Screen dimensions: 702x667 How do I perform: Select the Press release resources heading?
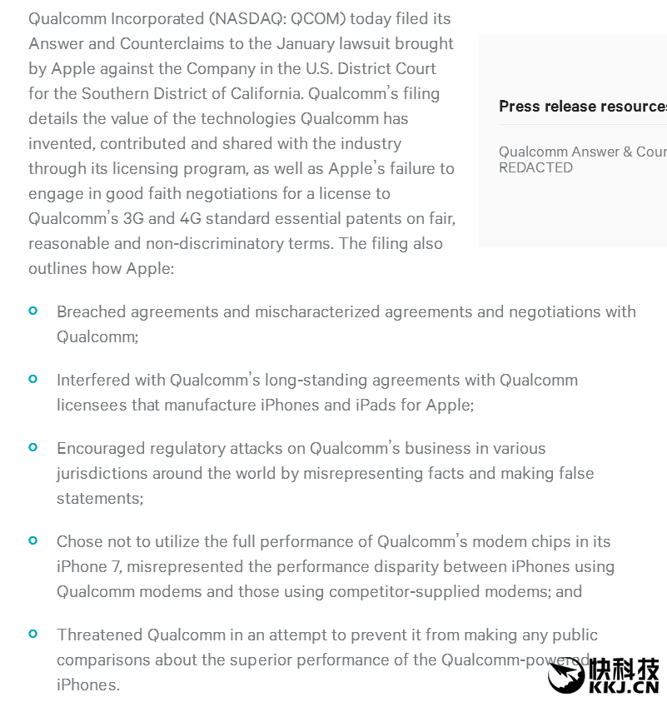click(582, 106)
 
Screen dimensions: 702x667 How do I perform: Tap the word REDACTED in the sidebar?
click(535, 167)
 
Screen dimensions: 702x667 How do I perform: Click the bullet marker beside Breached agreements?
click(33, 311)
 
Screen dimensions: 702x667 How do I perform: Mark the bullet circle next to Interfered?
click(33, 379)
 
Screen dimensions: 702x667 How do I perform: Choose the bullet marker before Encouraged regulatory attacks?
click(33, 447)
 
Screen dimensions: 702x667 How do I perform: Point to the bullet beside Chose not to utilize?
click(33, 540)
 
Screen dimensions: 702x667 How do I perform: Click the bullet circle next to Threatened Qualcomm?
click(33, 634)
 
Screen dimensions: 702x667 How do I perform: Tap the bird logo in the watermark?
click(568, 675)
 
